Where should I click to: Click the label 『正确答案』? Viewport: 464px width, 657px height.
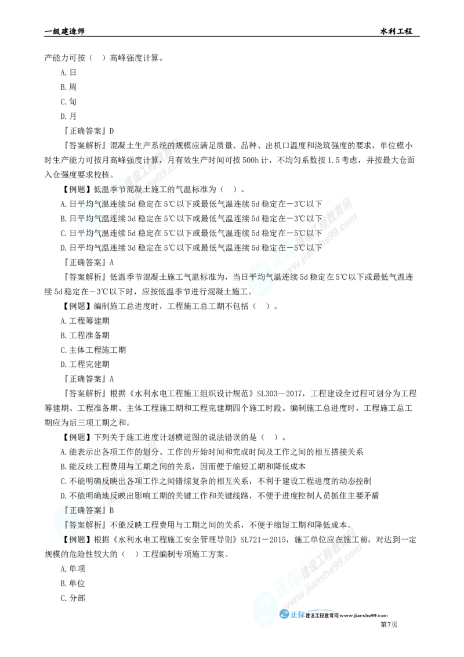87,510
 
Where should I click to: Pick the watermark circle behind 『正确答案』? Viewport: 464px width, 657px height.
64,517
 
